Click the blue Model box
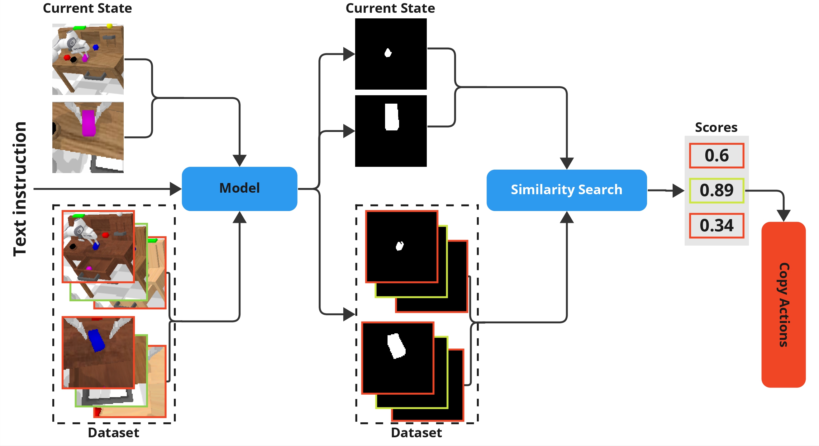pos(239,189)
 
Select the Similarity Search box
pos(567,190)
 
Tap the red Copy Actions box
pos(783,305)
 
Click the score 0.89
pos(717,190)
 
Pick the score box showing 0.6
pos(717,156)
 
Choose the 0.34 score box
pos(717,226)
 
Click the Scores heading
pos(716,127)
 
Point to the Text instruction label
pos(20,189)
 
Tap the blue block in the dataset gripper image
pos(96,340)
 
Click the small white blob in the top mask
pos(388,53)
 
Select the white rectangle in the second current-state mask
pos(392,117)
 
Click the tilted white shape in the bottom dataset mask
pos(396,346)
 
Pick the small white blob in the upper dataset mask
pos(400,246)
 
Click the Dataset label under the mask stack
pos(416,433)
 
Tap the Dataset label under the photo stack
pos(113,433)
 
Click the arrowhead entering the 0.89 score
pos(679,190)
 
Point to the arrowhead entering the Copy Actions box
pos(783,216)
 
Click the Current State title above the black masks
pos(390,8)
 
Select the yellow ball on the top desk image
pos(110,26)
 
